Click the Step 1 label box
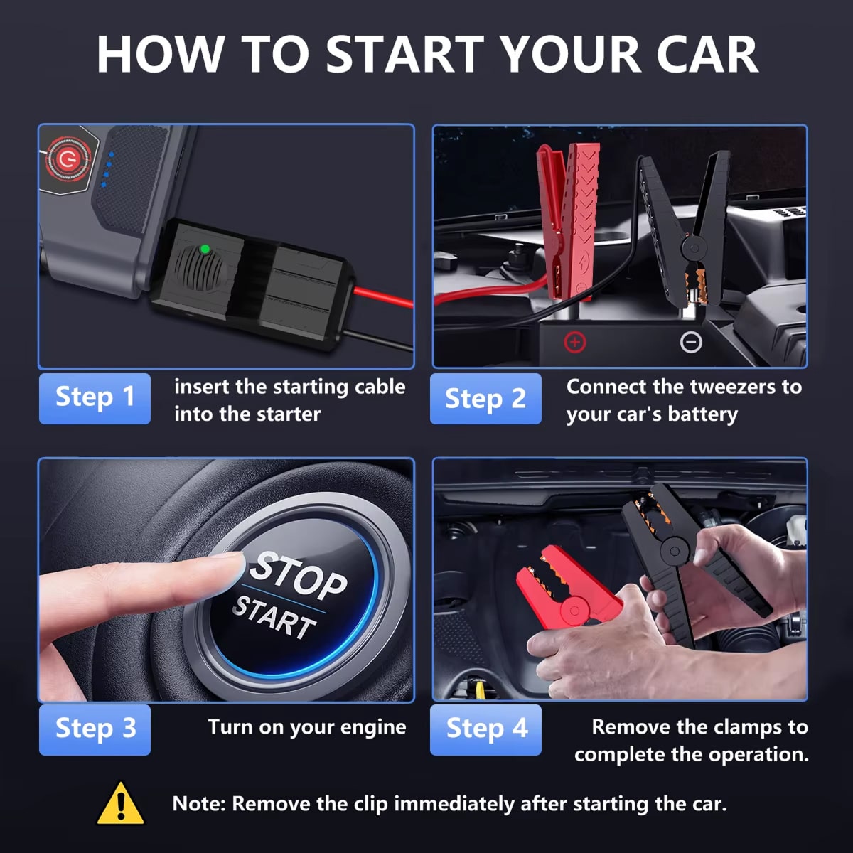pos(95,398)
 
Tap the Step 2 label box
pos(485,398)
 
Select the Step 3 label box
pos(95,730)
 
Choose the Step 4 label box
pos(485,730)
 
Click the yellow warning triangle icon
pos(120,803)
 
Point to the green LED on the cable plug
pos(205,250)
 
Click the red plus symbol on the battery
pos(575,342)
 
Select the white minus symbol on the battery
pos(691,342)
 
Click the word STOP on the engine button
pos(298,576)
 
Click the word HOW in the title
pos(160,54)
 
